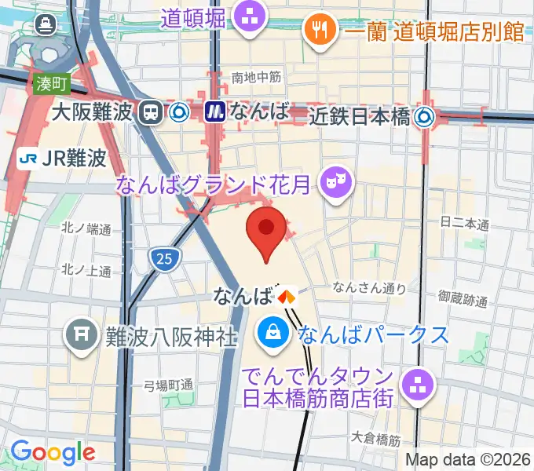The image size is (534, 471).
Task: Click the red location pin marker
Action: point(266,228)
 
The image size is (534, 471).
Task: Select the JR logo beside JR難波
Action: point(29,159)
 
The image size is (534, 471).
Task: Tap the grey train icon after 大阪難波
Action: point(148,112)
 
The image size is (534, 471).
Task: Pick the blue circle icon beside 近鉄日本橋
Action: point(426,117)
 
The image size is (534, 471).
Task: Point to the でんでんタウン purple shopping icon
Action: point(413,384)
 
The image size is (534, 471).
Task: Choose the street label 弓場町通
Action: point(168,385)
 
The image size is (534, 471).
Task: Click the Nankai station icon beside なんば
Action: point(287,297)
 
